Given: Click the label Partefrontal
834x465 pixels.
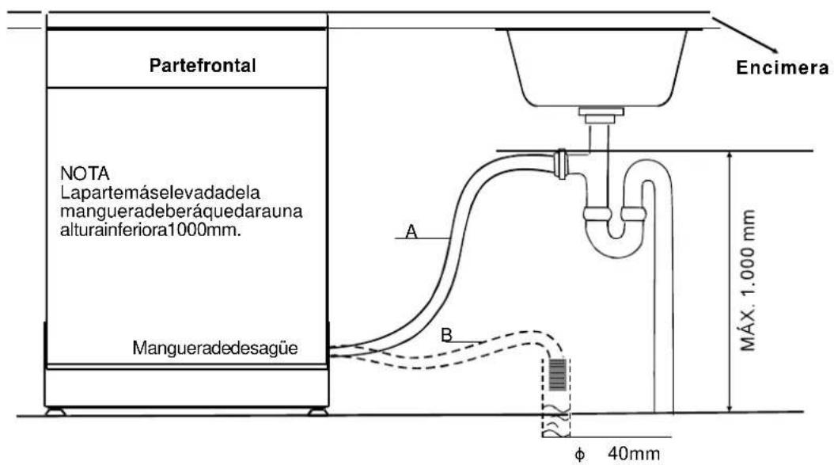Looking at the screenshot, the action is pyautogui.click(x=203, y=66).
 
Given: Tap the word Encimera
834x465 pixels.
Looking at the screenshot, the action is pyautogui.click(x=783, y=67).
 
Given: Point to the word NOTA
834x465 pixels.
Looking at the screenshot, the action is pyautogui.click(x=85, y=173).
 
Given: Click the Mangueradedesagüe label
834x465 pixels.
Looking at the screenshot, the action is pyautogui.click(x=215, y=348).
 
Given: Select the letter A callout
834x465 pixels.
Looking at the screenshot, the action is pyautogui.click(x=411, y=231).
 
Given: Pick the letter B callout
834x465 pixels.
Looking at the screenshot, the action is pyautogui.click(x=447, y=334).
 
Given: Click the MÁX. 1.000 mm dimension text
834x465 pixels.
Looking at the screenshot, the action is pyautogui.click(x=748, y=280).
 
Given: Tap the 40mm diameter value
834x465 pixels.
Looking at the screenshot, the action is pyautogui.click(x=634, y=454).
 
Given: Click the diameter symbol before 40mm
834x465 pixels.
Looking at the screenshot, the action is pyautogui.click(x=580, y=455).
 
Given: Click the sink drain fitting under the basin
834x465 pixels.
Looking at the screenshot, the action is pyautogui.click(x=601, y=115).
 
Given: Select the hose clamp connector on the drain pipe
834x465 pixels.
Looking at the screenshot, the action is pyautogui.click(x=560, y=164).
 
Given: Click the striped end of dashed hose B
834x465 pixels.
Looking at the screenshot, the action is pyautogui.click(x=557, y=375).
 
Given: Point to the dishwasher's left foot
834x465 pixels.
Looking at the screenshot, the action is pyautogui.click(x=55, y=412).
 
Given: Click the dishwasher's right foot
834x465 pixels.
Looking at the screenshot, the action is pyautogui.click(x=317, y=412).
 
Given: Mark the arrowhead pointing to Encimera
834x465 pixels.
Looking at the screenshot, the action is pyautogui.click(x=774, y=50).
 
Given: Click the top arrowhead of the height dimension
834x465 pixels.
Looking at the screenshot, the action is pyautogui.click(x=730, y=156).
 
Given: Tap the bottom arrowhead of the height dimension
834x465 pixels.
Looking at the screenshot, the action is pyautogui.click(x=730, y=407).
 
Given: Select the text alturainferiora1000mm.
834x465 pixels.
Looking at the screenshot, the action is pyautogui.click(x=150, y=231).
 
